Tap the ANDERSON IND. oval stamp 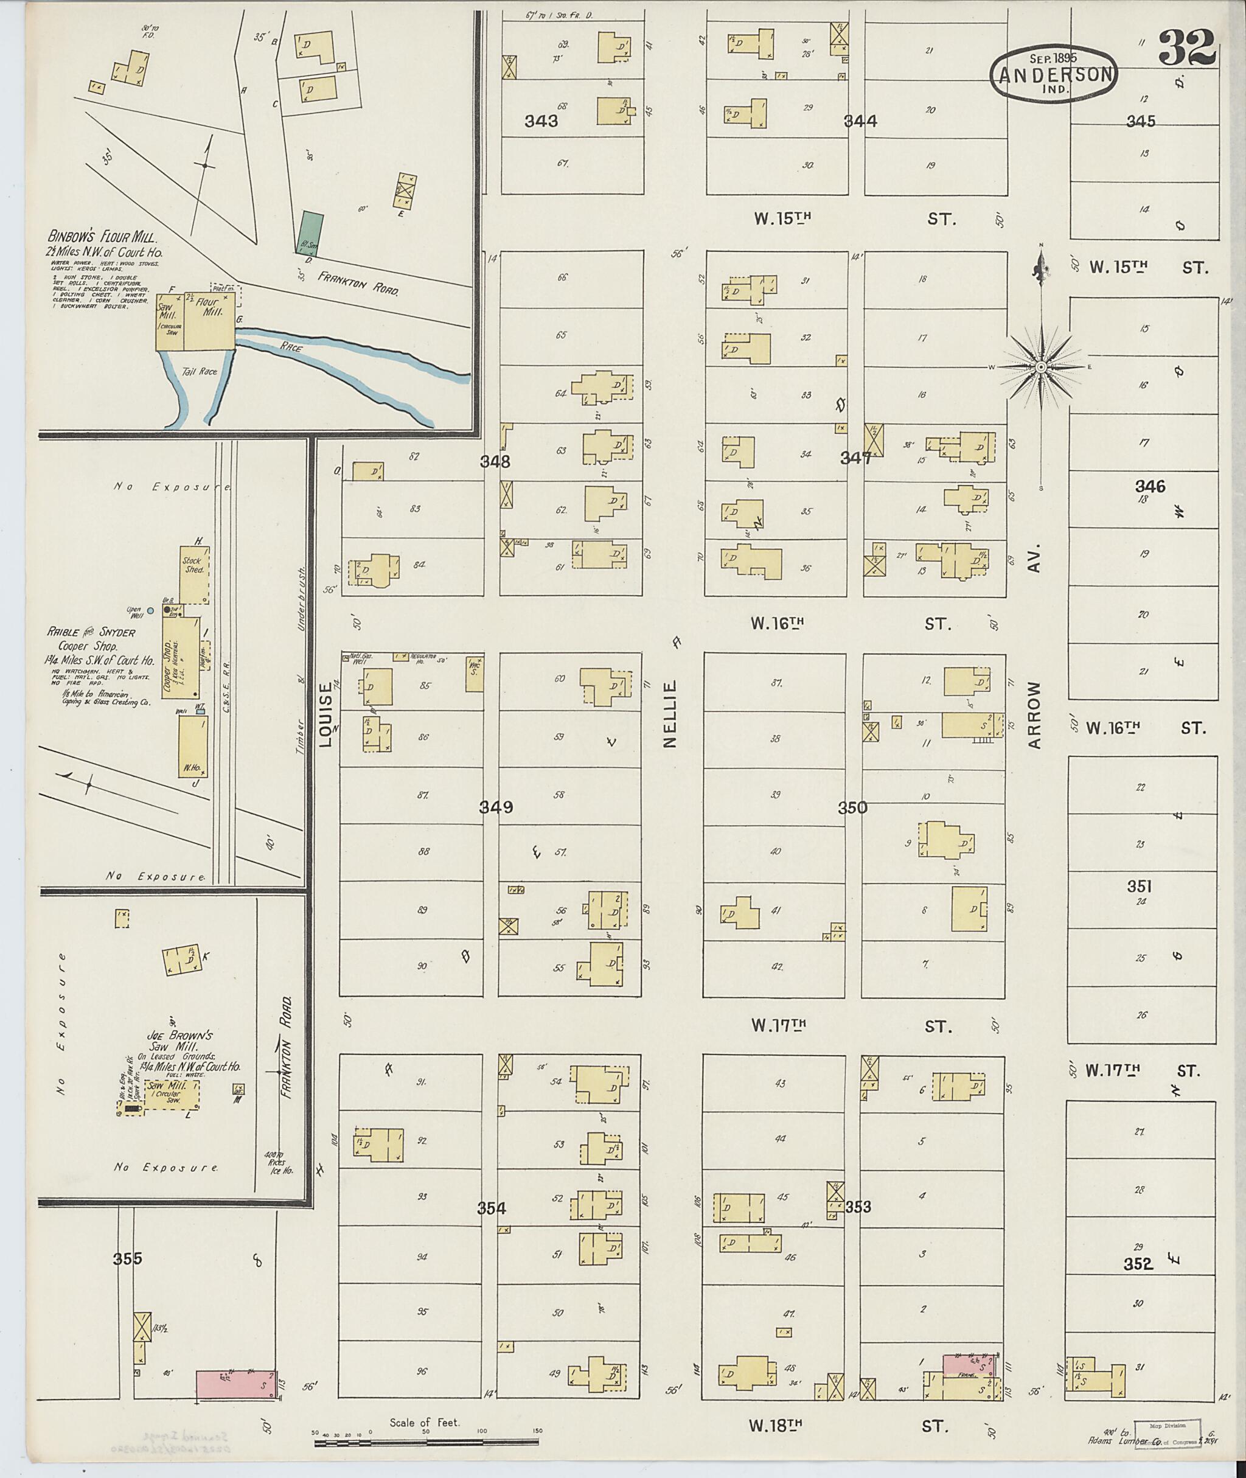pyautogui.click(x=1054, y=73)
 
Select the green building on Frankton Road pyautogui.click(x=308, y=231)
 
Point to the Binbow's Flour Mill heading pyautogui.click(x=102, y=237)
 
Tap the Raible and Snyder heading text pyautogui.click(x=91, y=632)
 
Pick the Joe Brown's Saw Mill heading pyautogui.click(x=180, y=1039)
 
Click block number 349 pyautogui.click(x=496, y=807)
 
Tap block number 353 pyautogui.click(x=857, y=1207)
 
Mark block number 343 pyautogui.click(x=541, y=122)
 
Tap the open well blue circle pyautogui.click(x=150, y=610)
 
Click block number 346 pyautogui.click(x=1150, y=486)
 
